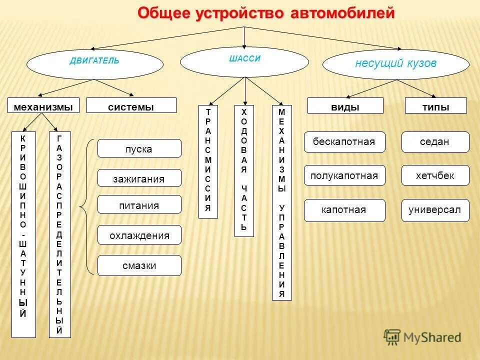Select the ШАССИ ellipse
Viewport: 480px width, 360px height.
tap(244, 61)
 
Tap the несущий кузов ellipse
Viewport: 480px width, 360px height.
tap(395, 64)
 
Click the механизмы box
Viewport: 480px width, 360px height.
tap(43, 105)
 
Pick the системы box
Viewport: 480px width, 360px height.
tap(131, 105)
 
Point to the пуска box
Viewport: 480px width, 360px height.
tap(139, 148)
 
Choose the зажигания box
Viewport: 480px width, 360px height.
tap(139, 178)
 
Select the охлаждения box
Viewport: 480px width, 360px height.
tap(139, 234)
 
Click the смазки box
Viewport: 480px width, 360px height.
tap(139, 265)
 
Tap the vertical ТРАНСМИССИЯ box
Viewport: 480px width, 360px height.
tap(208, 161)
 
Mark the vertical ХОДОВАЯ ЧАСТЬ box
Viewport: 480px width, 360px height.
tap(244, 170)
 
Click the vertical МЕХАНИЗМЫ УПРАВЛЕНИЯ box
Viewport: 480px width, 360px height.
tap(281, 202)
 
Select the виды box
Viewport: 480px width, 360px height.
tap(345, 105)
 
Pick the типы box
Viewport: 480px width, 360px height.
tap(435, 105)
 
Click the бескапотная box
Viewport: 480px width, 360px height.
tap(344, 141)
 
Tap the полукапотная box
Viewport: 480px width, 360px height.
tap(344, 175)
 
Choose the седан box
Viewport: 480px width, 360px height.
tap(435, 141)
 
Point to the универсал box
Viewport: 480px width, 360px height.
tap(435, 210)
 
